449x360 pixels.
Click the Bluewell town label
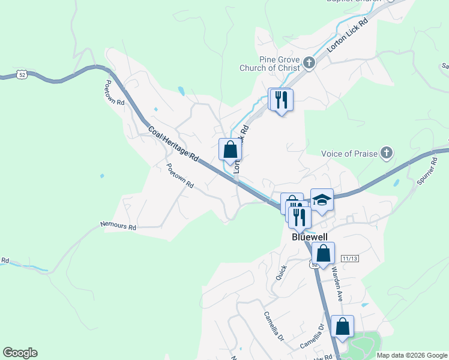click(x=312, y=237)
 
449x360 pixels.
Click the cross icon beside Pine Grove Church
click(x=309, y=62)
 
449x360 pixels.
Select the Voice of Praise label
click(x=349, y=154)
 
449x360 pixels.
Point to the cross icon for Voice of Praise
click(x=387, y=153)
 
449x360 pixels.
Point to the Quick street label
click(x=281, y=273)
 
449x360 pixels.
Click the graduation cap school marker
click(x=322, y=200)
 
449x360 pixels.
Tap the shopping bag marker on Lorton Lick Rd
click(x=230, y=149)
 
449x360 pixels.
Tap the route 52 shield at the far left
click(x=22, y=74)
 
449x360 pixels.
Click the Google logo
click(x=20, y=353)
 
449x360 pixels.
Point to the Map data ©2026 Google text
click(x=412, y=355)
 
